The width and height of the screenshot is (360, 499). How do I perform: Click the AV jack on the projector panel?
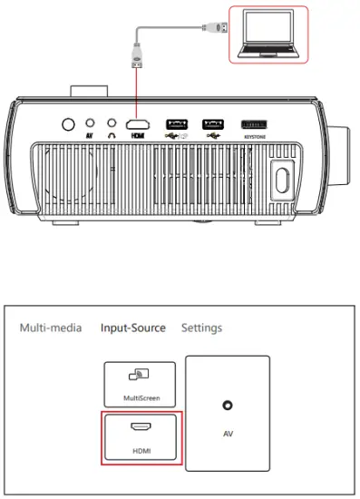tap(89, 123)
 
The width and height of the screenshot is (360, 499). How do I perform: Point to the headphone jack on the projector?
tap(112, 123)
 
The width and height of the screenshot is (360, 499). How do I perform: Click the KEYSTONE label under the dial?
tap(254, 137)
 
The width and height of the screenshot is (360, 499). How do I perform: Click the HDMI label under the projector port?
tap(138, 137)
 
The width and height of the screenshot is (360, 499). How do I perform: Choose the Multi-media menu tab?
tap(51, 328)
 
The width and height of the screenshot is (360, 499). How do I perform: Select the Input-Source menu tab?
tap(133, 328)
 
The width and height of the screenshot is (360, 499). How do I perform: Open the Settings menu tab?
tap(201, 328)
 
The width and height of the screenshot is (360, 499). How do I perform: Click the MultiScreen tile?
tap(141, 385)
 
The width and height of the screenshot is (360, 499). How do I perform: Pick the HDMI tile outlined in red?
tap(141, 436)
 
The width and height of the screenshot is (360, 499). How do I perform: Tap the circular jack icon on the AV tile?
tap(229, 407)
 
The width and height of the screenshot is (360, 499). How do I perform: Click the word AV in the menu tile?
tap(229, 433)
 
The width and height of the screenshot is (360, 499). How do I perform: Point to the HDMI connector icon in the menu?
tap(141, 426)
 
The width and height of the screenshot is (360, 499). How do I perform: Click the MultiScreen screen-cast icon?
tap(141, 375)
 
